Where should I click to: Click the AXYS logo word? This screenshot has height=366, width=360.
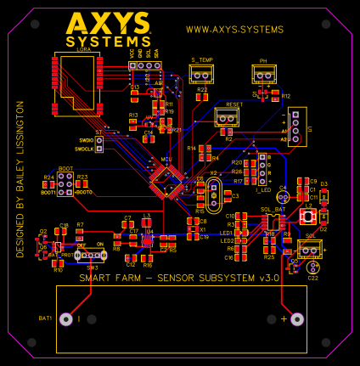coord(107,23)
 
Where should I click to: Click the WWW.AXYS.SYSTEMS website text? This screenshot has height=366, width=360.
coord(234,30)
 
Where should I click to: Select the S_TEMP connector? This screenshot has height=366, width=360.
coord(201,75)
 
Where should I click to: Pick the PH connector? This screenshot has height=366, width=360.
coord(264,76)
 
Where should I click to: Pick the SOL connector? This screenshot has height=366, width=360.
coord(310,248)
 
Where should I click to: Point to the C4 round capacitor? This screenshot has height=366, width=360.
coord(283,198)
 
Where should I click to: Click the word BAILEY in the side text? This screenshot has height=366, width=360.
coord(20,182)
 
